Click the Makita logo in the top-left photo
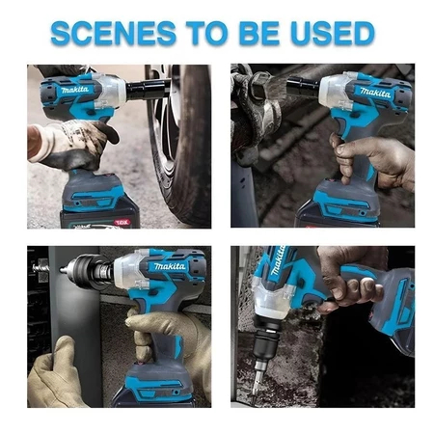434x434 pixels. (x=74, y=90)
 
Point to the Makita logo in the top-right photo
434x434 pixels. (x=375, y=93)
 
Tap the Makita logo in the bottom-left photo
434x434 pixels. (x=170, y=266)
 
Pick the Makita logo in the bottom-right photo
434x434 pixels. (x=278, y=260)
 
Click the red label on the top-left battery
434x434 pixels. (x=122, y=222)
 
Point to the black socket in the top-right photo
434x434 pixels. (x=303, y=86)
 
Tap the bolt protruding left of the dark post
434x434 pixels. (x=41, y=266)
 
